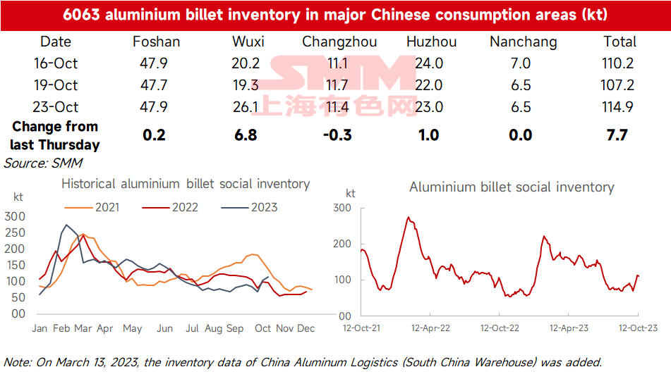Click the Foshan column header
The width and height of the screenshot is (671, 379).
pos(156,42)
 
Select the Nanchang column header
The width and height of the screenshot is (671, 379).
pos(524,42)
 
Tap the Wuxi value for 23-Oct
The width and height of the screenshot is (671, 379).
pos(246,107)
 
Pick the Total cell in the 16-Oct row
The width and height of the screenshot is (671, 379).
pos(617,63)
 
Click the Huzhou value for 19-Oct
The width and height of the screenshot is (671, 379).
pos(429,85)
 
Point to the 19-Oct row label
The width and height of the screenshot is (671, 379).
pos(56,85)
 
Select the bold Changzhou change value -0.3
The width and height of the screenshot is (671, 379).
pos(337,135)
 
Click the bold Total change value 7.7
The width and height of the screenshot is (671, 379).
pos(617,135)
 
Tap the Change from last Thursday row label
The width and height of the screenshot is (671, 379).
pos(55,135)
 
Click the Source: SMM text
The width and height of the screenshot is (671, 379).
pos(43,163)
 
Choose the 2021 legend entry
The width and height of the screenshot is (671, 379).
pos(92,207)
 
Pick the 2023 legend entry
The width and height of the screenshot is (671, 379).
pos(249,207)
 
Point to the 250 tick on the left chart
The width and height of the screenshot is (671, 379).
pos(15,232)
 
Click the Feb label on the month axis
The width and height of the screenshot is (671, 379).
pos(61,328)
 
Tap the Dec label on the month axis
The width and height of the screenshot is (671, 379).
pos(306,328)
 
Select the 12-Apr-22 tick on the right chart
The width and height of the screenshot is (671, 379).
pos(430,328)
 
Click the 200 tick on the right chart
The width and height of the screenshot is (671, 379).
pos(342,244)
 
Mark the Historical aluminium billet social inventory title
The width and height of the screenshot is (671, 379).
pos(186,184)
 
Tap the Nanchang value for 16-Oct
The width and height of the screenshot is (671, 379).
pos(521,63)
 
